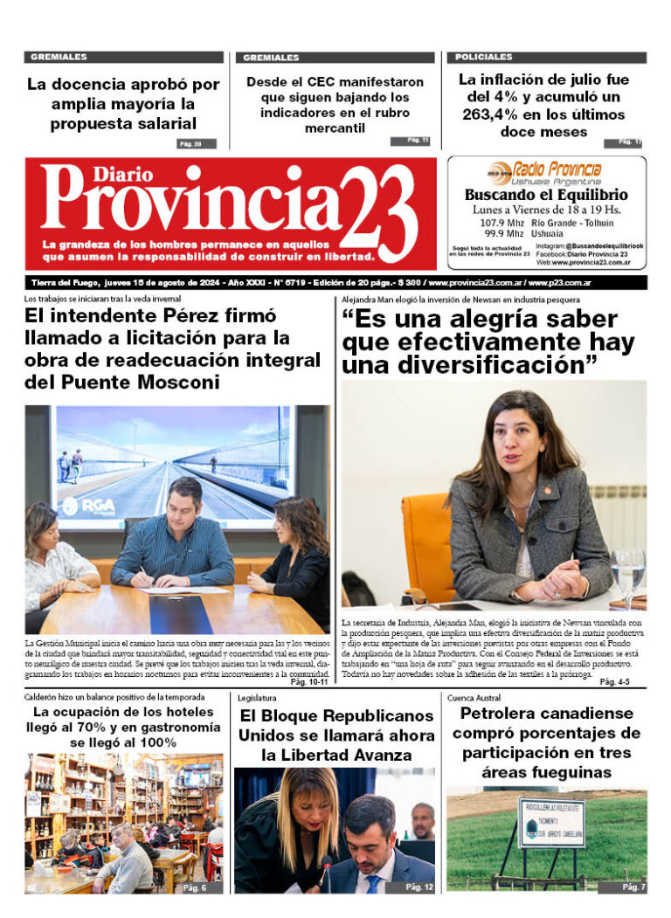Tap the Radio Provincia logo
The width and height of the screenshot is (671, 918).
click(x=545, y=170)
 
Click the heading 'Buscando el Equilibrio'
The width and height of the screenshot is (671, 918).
click(x=545, y=195)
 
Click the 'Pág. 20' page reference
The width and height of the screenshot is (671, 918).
click(x=190, y=144)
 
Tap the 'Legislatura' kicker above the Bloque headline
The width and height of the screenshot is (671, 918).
click(x=256, y=698)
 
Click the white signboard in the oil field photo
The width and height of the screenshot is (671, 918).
click(x=550, y=822)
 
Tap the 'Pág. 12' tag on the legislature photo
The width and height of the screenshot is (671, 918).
click(x=419, y=887)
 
